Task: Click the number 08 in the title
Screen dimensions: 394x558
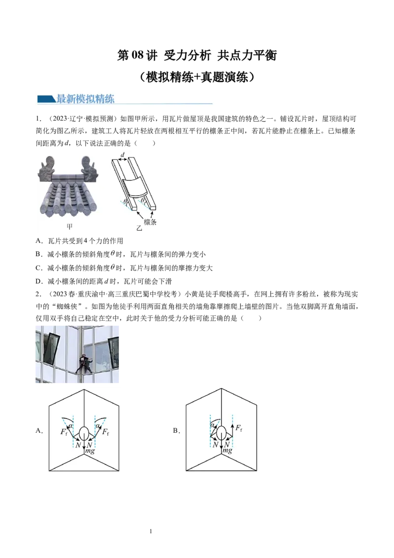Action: [x=137, y=55]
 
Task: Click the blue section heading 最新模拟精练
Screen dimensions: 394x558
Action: [x=85, y=99]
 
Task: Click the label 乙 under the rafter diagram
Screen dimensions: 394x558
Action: [x=139, y=228]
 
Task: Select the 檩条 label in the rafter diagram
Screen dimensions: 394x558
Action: [x=150, y=222]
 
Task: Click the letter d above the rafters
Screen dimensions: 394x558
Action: [x=123, y=155]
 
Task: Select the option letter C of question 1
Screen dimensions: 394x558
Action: [x=38, y=268]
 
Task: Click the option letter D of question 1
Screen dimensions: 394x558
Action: [x=38, y=281]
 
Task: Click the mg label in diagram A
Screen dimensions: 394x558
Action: [x=90, y=451]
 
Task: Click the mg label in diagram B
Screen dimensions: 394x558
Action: [x=227, y=451]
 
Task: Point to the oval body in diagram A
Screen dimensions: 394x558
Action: [x=84, y=433]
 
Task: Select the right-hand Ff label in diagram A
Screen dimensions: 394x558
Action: [x=105, y=432]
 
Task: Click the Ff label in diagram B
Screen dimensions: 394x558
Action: [x=239, y=428]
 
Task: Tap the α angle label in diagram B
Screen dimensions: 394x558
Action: [x=213, y=425]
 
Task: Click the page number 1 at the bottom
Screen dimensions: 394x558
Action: [x=151, y=531]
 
